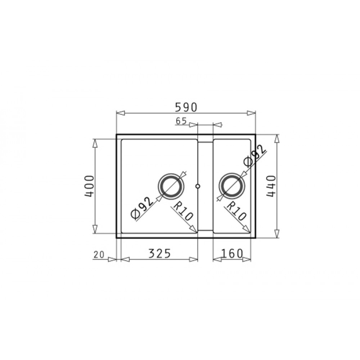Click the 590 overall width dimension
(186, 107)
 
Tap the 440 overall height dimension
(271, 186)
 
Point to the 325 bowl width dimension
(159, 253)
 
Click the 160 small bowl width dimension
(231, 253)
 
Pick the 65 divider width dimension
(181, 121)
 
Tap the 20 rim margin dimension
(99, 255)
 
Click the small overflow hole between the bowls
(198, 186)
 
